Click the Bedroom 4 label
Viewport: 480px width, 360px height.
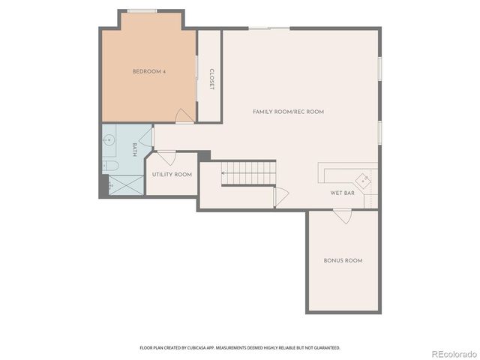click(x=148, y=72)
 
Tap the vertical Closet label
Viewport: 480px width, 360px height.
click(x=211, y=79)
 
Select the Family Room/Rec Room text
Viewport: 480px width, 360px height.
click(x=288, y=112)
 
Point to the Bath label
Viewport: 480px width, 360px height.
click(x=135, y=149)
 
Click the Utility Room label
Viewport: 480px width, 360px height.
click(x=172, y=175)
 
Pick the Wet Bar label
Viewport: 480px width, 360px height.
click(x=342, y=193)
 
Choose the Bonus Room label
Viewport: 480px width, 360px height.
click(x=343, y=261)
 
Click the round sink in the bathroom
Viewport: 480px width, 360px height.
click(x=109, y=139)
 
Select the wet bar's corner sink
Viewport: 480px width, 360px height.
click(x=364, y=179)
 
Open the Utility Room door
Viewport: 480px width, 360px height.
click(x=167, y=158)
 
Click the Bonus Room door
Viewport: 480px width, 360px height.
click(x=342, y=216)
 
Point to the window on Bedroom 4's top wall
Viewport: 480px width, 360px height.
click(x=142, y=10)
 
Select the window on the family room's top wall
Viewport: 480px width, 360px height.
click(x=269, y=28)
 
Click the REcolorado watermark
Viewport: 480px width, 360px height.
click(x=452, y=352)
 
